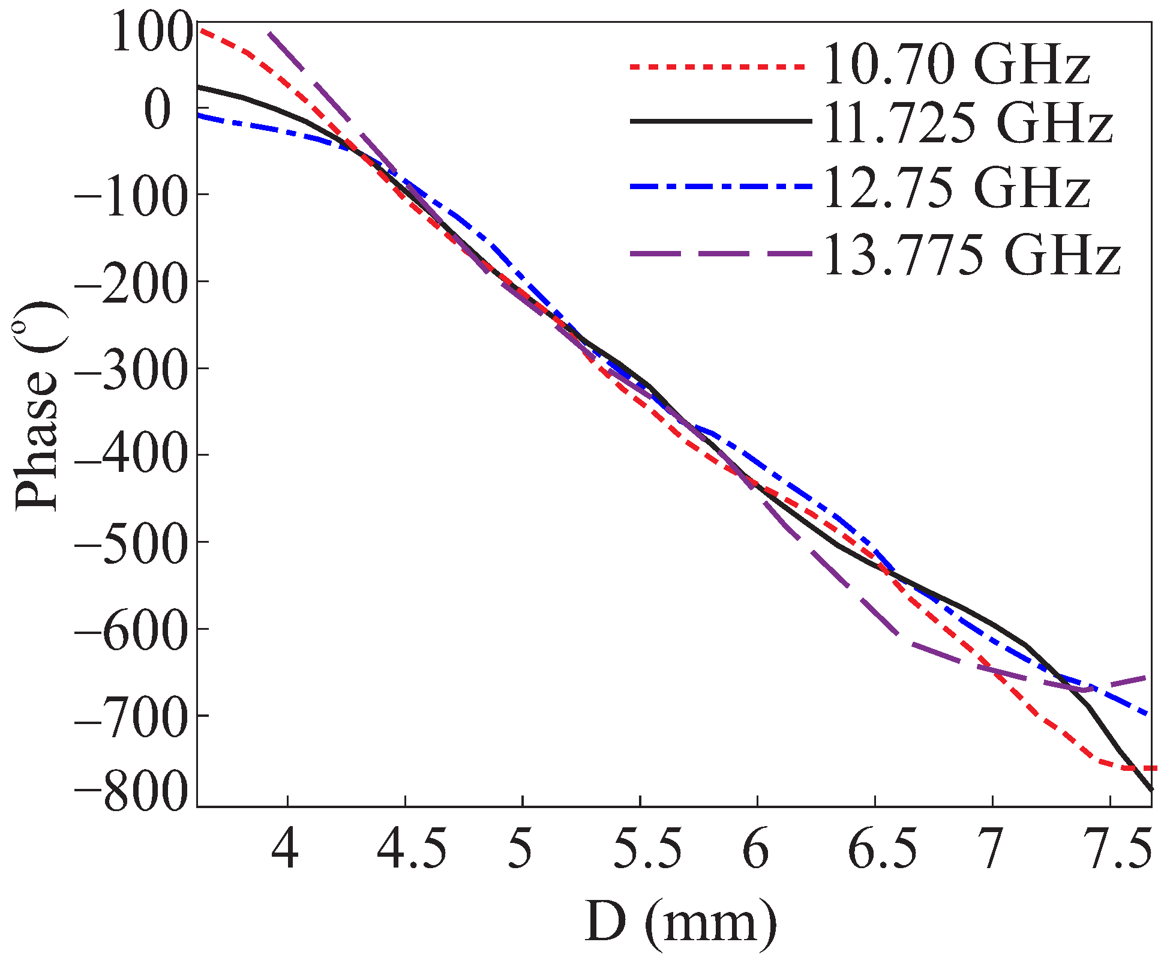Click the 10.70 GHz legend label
[956, 65]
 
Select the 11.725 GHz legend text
[968, 122]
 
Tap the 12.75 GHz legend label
[956, 187]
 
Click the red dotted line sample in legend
[717, 67]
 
